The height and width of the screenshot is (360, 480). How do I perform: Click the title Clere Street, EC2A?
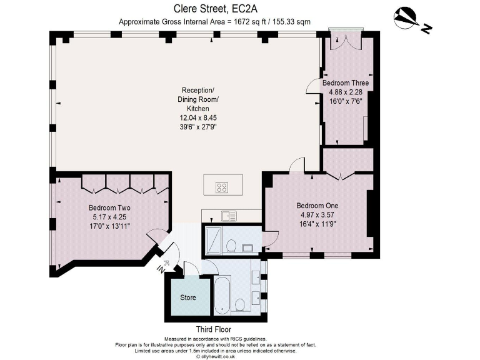216,9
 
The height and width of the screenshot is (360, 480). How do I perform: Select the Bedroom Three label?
345,83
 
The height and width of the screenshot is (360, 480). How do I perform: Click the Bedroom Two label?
109,208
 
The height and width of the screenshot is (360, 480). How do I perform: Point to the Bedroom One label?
317,206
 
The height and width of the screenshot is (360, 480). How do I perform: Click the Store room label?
188,297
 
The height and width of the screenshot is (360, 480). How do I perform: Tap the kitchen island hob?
222,187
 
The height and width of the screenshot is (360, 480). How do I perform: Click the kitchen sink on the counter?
229,216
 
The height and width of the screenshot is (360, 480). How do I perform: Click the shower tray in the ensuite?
213,240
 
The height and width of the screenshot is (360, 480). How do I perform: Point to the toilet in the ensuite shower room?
231,245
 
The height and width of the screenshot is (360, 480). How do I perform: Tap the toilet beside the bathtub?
240,306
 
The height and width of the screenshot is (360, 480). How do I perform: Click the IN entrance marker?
163,266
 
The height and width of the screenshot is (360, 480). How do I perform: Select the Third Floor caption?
213,329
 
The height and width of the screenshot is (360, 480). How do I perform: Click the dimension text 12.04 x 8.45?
198,118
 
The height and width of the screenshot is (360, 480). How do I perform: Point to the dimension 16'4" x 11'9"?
317,224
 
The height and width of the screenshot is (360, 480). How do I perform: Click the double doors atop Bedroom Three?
346,42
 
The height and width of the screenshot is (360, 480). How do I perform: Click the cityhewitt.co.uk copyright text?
216,356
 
